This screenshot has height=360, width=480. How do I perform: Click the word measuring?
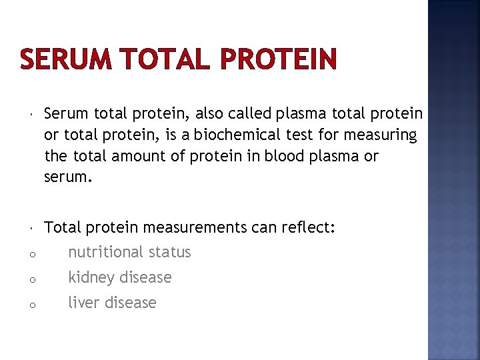click(x=380, y=135)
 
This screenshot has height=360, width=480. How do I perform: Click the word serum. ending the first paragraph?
click(x=65, y=177)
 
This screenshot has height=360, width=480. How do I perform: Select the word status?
click(x=169, y=253)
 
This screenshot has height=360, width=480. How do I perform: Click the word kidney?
click(x=88, y=277)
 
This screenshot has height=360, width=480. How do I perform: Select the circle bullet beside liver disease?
click(x=32, y=305)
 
